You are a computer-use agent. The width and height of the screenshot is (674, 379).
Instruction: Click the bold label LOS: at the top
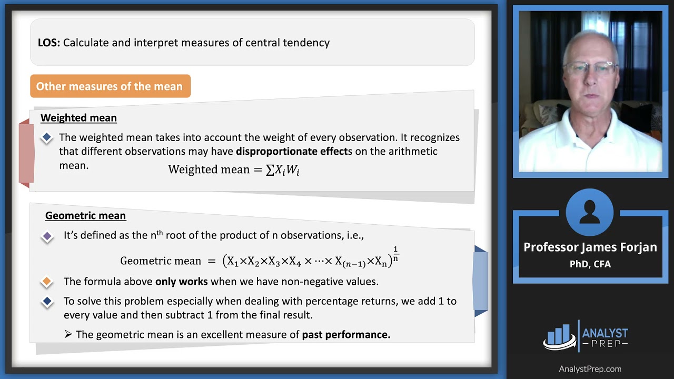tap(48, 43)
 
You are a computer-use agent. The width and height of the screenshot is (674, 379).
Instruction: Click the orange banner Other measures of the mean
tap(110, 86)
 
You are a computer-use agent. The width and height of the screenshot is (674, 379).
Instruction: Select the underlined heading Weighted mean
tap(78, 118)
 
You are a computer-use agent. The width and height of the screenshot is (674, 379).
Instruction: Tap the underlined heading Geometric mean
tap(85, 216)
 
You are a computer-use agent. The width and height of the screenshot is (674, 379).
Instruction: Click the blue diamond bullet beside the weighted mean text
tap(47, 137)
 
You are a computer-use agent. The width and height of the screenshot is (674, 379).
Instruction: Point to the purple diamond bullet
tap(47, 236)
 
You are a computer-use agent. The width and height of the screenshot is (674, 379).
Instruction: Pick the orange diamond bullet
tap(47, 282)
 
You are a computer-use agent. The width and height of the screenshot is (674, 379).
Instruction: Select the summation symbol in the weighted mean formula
tap(270, 170)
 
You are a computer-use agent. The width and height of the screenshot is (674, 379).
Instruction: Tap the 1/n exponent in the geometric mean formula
tap(395, 254)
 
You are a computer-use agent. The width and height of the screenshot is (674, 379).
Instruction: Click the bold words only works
tap(181, 282)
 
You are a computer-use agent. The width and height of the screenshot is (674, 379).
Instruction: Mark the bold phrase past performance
tap(346, 335)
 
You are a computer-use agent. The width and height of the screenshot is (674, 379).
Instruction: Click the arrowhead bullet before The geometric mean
tap(68, 335)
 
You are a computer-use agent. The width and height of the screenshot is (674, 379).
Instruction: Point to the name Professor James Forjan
tap(590, 247)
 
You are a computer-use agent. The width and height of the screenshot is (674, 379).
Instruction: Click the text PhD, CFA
tap(590, 264)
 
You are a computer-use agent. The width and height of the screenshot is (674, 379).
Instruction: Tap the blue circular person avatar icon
tap(590, 213)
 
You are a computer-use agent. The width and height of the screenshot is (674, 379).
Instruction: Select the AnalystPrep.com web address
tap(590, 369)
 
